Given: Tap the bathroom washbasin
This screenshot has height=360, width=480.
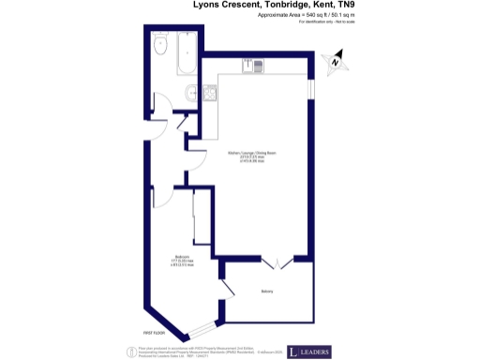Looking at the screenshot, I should pos(191,92).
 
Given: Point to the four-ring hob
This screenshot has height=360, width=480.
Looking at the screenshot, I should pos(208,92).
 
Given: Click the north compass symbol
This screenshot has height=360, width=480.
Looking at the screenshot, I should pos(334,64).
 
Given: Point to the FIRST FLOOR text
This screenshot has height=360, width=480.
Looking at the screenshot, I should pos(155,333).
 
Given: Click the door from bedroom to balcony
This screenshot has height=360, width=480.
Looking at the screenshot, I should pos(226,290).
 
